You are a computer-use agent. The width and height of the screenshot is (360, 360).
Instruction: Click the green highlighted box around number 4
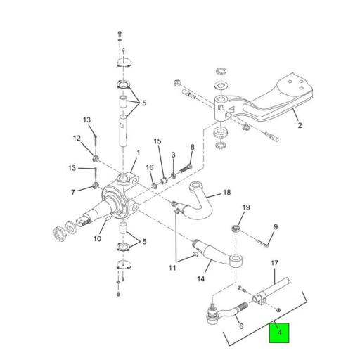coord(279,333)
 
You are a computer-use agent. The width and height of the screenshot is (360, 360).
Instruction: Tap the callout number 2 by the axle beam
coord(300,125)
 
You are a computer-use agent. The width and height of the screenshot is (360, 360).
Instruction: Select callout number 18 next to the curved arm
coord(226,193)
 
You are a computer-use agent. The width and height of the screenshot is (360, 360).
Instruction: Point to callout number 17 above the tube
coord(274,263)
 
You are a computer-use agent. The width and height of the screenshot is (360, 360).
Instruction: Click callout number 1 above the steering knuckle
coord(139,153)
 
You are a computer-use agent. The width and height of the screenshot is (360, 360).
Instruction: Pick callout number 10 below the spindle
coord(97,239)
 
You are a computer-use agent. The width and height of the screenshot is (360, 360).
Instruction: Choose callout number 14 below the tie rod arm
coord(201,278)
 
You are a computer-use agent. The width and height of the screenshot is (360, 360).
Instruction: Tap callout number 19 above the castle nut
coord(246,207)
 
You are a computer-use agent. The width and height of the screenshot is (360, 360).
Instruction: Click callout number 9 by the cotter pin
coord(276,227)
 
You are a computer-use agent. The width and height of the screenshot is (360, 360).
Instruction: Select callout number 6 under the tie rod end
coord(241,326)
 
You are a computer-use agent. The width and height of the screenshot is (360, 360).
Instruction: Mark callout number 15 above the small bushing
coord(157,141)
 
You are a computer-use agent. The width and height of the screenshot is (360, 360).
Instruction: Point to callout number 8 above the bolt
coord(193,147)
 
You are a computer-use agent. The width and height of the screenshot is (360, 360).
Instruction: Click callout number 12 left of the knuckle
coord(77,139)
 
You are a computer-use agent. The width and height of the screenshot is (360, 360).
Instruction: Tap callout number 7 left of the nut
coord(73,193)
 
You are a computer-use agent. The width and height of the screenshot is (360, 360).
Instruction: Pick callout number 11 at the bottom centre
coord(172,268)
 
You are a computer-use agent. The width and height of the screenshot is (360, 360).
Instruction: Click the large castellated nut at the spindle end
coord(59,233)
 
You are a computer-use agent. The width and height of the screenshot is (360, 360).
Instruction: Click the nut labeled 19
coord(236,228)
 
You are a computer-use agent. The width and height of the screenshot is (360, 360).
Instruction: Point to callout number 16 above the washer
coord(150,167)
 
